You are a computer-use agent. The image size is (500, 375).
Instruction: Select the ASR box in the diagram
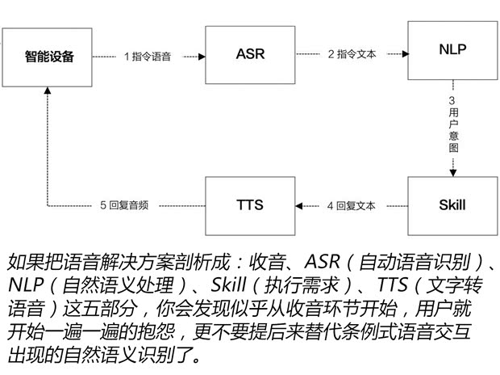(250, 55)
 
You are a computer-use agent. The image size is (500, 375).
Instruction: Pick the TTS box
(250, 204)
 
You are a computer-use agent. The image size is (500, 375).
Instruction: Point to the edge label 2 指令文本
(352, 55)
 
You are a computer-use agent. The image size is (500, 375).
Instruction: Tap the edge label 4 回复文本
(352, 205)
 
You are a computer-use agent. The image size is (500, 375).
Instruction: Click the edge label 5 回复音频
(127, 205)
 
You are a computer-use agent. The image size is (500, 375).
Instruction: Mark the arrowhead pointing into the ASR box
(200, 57)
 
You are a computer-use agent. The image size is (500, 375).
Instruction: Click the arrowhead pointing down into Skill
(453, 172)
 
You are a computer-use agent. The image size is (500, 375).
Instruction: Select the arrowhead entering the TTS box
(300, 205)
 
